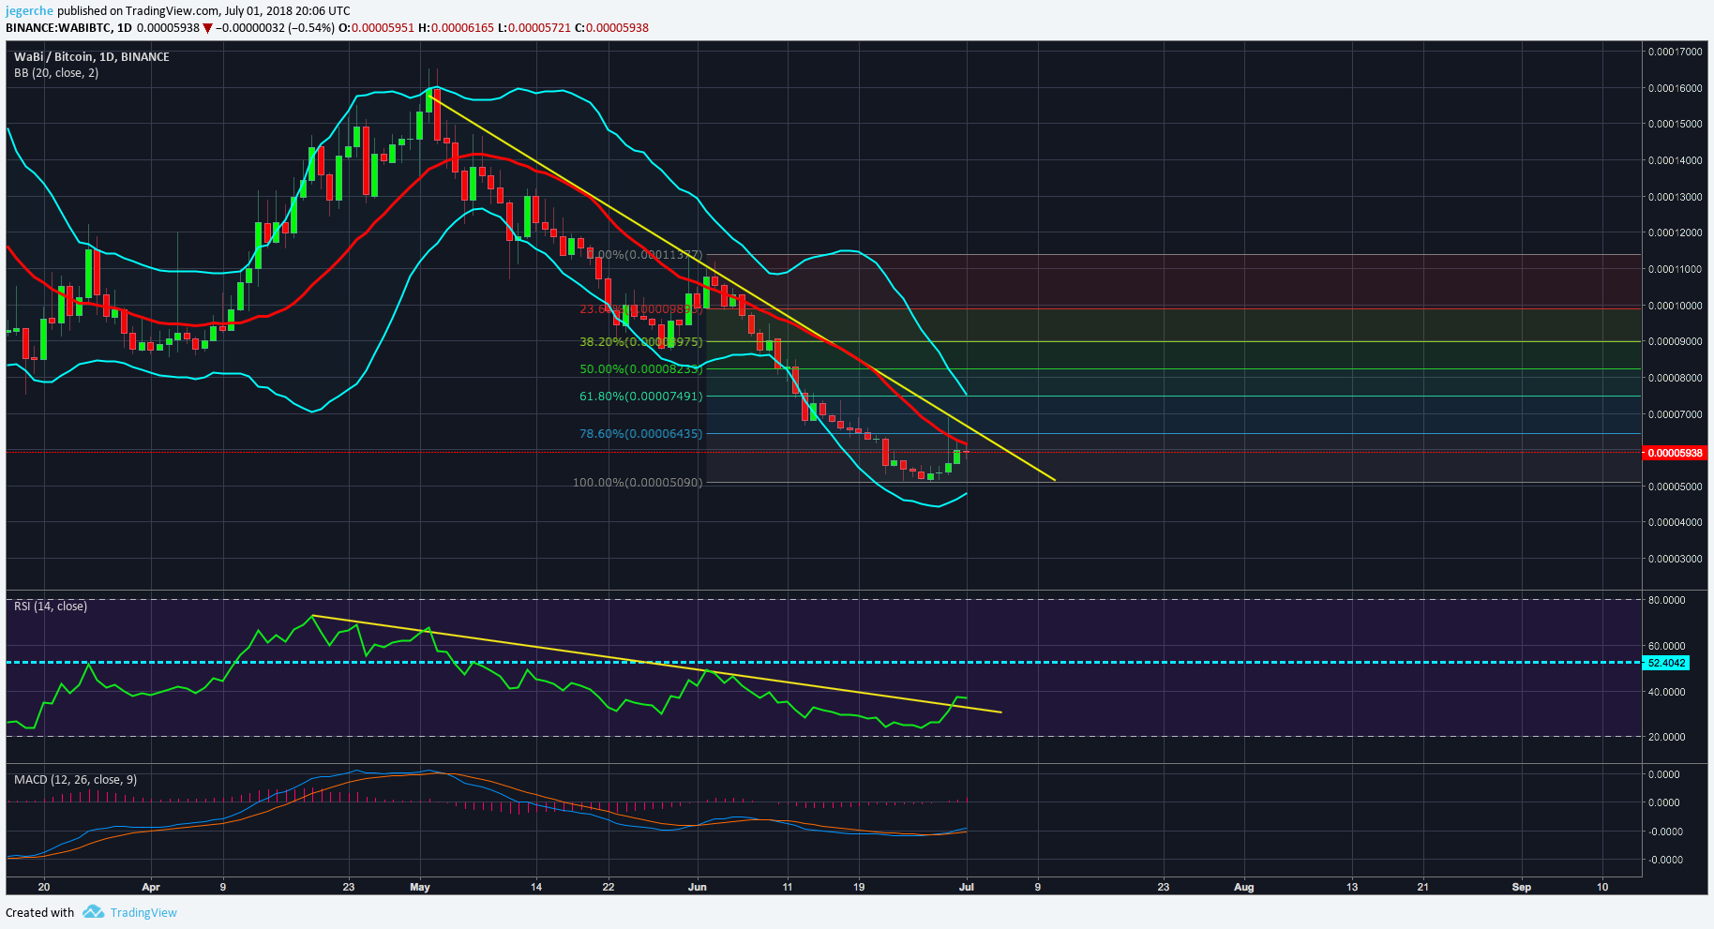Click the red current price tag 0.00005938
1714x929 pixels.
pos(1675,453)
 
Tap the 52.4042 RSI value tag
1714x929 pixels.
pos(1666,663)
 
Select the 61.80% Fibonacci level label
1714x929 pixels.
pos(640,397)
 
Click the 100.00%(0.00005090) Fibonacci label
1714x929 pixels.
pos(638,483)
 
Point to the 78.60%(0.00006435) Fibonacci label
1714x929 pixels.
pos(640,434)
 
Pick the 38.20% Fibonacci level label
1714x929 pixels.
pos(640,342)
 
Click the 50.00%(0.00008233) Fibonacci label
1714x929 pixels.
pos(640,369)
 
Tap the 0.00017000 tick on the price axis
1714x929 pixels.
pos(1675,52)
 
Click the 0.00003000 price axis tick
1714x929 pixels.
pos(1675,559)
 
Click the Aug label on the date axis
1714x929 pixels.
pos(1243,887)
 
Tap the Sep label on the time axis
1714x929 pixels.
pos(1521,887)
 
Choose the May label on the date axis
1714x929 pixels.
pos(420,887)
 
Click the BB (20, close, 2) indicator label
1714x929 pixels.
pos(56,73)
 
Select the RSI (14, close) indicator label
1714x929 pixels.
pos(51,607)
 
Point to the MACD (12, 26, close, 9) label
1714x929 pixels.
pos(75,780)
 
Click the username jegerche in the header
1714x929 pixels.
pos(29,11)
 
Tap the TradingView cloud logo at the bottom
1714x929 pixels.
pos(93,912)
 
